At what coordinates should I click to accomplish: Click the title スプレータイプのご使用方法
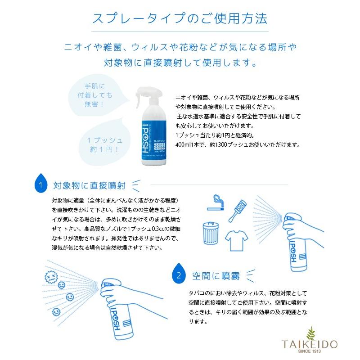click(x=180, y=19)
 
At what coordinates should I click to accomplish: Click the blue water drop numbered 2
click(x=179, y=274)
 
